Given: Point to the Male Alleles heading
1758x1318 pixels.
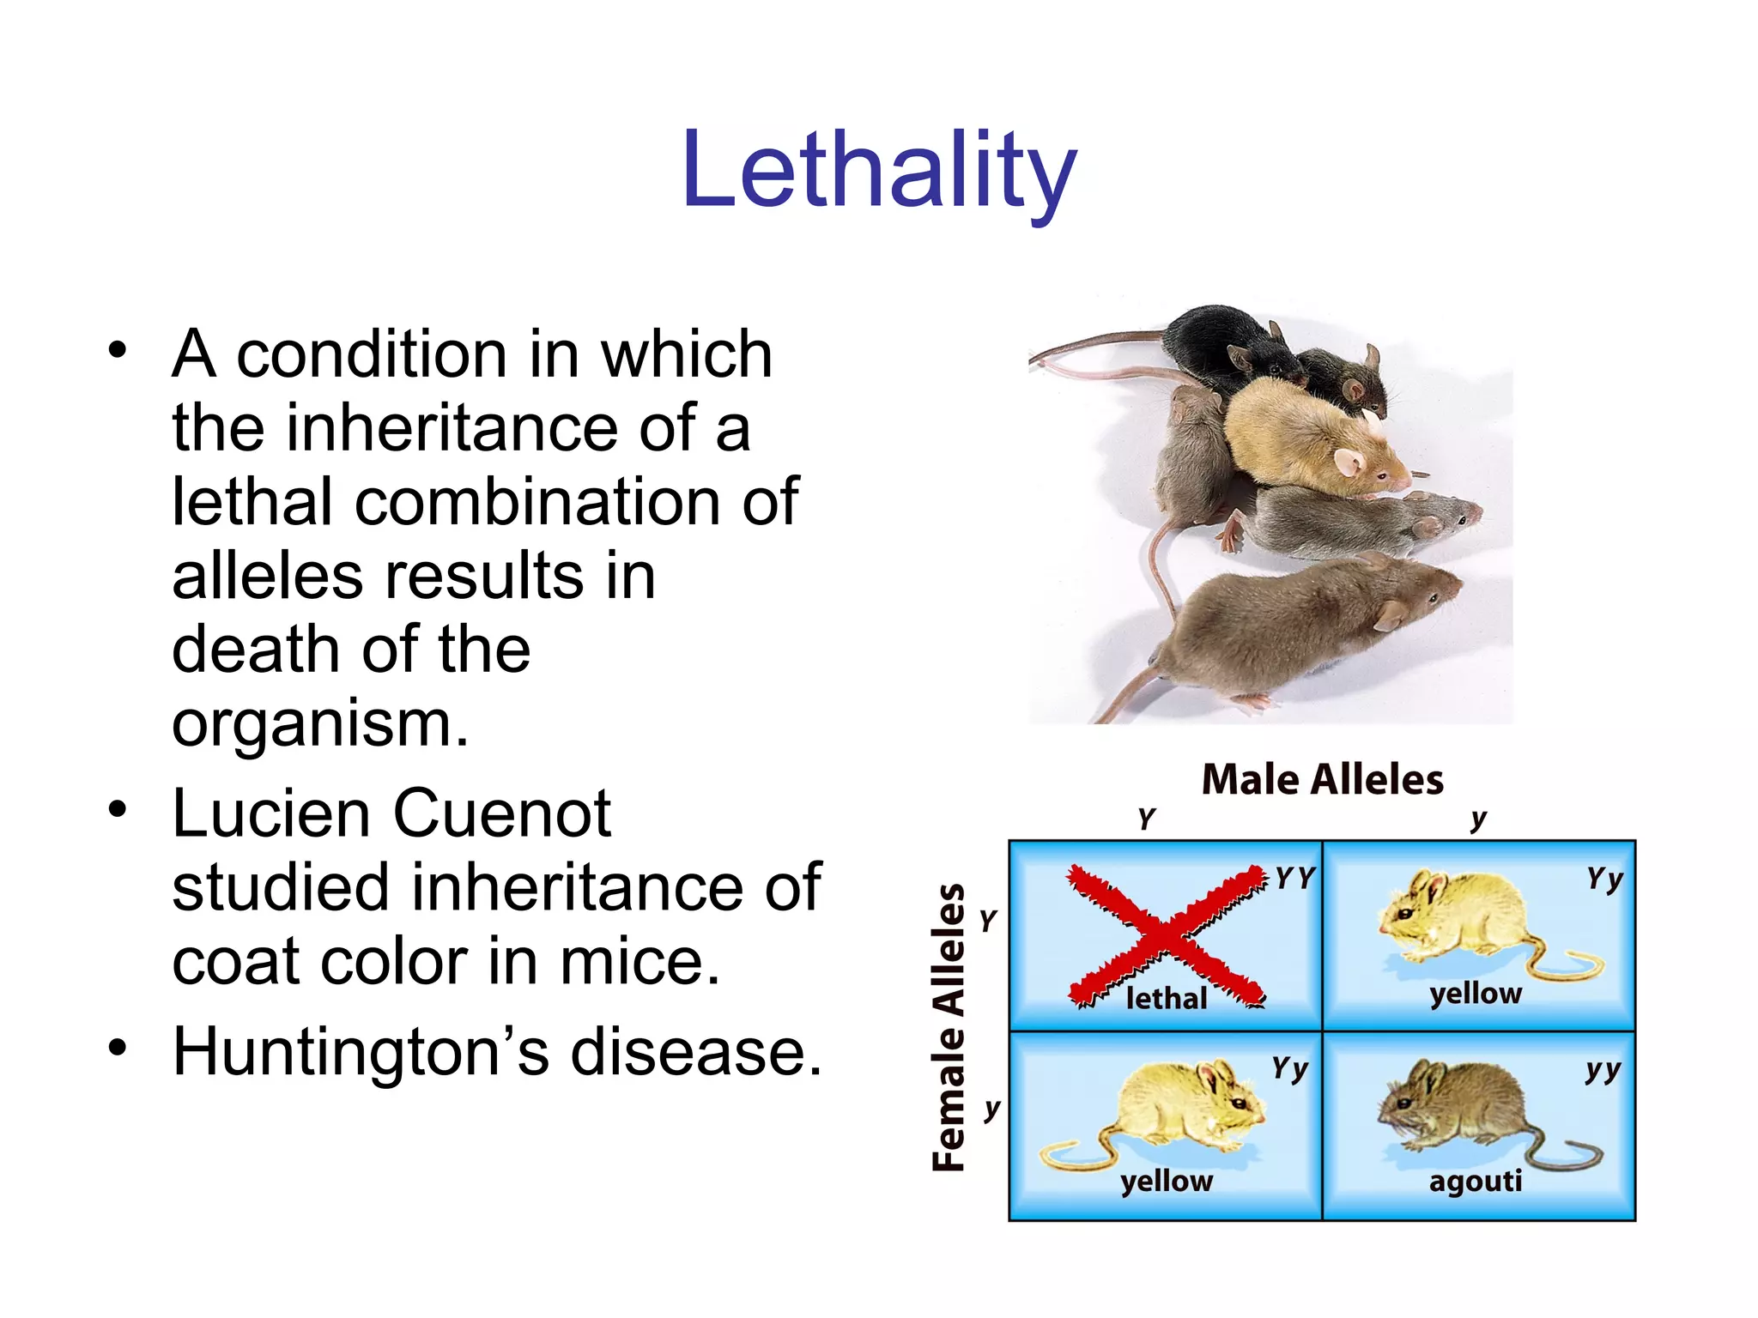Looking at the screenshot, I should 1322,780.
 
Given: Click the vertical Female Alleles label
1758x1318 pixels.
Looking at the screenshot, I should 949,1027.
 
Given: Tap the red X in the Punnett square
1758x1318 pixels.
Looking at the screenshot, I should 1166,935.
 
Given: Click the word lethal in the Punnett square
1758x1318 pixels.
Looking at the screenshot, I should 1166,999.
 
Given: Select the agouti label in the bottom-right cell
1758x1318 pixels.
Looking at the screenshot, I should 1476,1182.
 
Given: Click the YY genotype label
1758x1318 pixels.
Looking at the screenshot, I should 1294,879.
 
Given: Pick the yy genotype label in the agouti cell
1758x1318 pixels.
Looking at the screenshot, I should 1603,1070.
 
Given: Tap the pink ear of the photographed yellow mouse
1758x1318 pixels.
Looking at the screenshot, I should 1350,463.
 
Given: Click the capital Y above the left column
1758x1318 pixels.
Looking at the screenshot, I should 1147,819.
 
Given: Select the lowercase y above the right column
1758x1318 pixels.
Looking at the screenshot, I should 1477,819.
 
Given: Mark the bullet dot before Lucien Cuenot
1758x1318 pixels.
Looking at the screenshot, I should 118,810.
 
